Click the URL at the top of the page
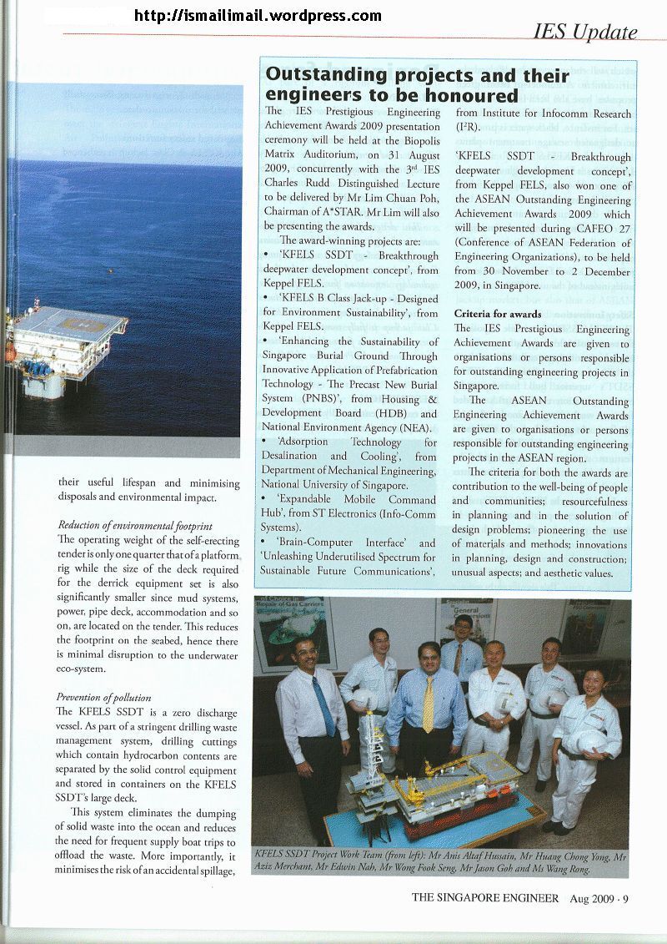click(257, 16)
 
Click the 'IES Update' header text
click(585, 33)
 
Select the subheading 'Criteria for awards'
click(497, 314)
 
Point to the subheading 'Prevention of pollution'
click(106, 697)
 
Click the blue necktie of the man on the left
click(323, 705)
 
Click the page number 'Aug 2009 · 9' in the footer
click(599, 898)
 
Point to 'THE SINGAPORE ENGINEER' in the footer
click(484, 898)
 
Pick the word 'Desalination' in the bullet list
click(292, 457)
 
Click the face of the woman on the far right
click(594, 682)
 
